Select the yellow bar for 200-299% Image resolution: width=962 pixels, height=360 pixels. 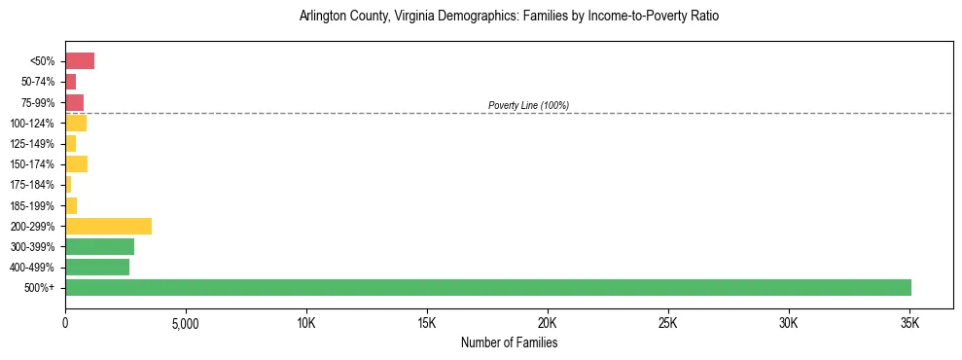click(108, 226)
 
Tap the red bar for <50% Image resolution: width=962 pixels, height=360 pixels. click(80, 61)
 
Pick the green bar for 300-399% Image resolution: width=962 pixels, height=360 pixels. click(99, 246)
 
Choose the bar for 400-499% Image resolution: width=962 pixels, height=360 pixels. click(97, 267)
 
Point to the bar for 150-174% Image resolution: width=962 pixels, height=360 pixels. click(76, 163)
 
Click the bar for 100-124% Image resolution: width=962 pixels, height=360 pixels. click(76, 123)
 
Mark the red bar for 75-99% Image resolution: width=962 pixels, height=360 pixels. click(74, 102)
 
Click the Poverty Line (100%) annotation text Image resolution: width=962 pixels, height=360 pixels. click(528, 105)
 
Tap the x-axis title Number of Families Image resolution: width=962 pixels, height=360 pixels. click(509, 342)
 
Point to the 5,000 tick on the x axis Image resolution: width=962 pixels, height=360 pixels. click(186, 322)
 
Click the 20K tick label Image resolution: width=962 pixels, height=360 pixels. click(548, 322)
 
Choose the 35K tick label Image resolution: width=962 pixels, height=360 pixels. click(909, 322)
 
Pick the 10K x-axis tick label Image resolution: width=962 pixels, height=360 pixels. click(306, 322)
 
